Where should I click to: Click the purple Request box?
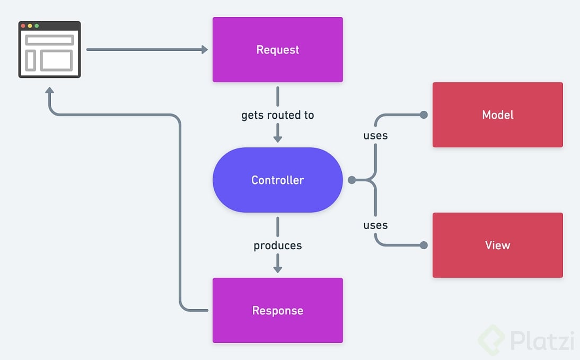(277, 50)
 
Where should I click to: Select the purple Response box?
(277, 310)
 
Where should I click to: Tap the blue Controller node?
(277, 180)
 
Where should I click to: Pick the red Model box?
(497, 115)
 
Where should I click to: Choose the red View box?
(497, 245)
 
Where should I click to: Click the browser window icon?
(49, 50)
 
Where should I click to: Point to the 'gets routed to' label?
(277, 115)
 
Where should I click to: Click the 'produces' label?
(277, 245)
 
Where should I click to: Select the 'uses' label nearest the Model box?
(375, 136)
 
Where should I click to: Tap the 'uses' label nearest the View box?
(375, 225)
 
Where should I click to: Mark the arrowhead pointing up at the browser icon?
(50, 91)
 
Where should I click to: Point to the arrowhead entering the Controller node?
(277, 138)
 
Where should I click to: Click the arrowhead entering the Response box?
(277, 269)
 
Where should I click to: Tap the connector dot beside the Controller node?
(351, 180)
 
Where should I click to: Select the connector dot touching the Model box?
(423, 115)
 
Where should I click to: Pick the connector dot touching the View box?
(423, 245)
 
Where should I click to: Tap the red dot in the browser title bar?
(23, 25)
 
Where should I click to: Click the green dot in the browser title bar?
(37, 25)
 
